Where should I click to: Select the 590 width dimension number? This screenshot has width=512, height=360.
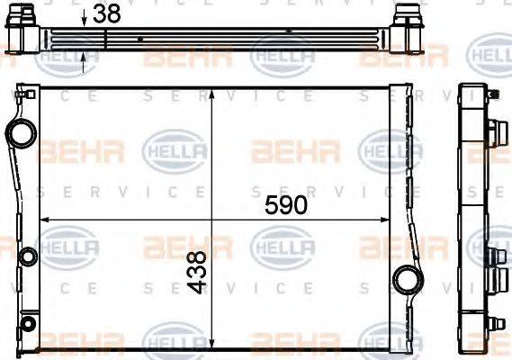coord(285,205)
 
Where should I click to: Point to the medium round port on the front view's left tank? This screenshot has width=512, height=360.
coord(26,257)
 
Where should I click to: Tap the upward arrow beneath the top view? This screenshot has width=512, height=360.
coord(83,59)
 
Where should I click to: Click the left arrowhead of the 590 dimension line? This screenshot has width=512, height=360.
coord(45,220)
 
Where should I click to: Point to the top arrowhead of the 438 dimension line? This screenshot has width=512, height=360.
coord(211,94)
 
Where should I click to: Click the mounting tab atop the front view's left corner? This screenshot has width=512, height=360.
coord(22,93)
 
